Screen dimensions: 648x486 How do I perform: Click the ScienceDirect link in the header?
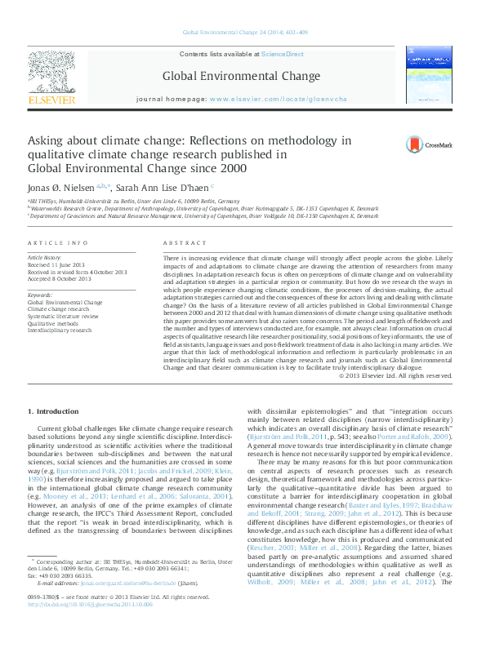coord(282,54)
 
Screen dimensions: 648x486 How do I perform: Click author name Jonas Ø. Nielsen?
coord(60,187)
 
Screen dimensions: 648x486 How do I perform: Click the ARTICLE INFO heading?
coord(58,244)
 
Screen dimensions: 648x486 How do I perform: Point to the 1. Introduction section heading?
coord(53,411)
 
